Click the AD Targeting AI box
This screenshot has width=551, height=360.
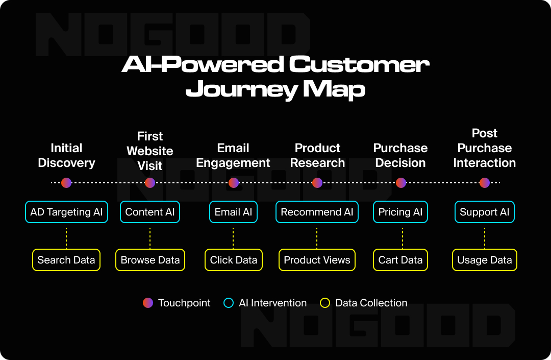tap(66, 212)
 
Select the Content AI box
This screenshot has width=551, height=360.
tap(149, 212)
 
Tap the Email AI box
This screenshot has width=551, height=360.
tap(233, 212)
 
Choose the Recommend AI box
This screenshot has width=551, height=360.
tap(317, 212)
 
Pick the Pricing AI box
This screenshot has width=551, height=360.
tap(400, 212)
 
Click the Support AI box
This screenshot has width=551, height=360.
tap(485, 212)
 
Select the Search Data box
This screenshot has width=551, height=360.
tap(66, 260)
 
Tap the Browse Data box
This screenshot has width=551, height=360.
tap(150, 260)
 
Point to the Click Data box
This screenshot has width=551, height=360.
tap(234, 260)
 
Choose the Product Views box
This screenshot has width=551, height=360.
tap(317, 260)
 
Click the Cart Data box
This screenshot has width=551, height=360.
tap(400, 260)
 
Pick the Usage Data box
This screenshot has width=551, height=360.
tap(485, 260)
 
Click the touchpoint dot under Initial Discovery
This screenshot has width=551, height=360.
tap(66, 183)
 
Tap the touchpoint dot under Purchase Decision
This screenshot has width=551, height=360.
tap(401, 183)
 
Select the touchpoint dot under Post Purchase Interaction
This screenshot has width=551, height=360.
tap(485, 183)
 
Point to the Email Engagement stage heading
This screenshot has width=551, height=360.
tap(233, 155)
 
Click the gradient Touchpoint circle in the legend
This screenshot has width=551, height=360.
tap(148, 303)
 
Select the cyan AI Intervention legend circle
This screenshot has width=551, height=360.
tap(229, 303)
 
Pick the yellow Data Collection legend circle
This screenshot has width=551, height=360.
tap(325, 303)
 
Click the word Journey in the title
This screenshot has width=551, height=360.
tap(242, 90)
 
